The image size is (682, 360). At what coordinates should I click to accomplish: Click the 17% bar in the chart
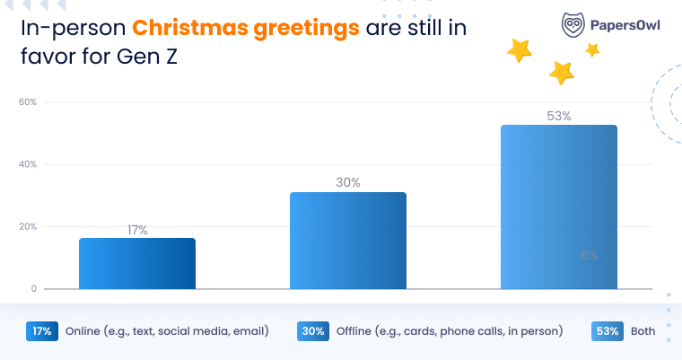137,263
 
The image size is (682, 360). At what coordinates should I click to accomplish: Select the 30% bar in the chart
348,240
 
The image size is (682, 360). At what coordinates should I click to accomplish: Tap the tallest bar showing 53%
558,206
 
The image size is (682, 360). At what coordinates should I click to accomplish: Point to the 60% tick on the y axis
28,102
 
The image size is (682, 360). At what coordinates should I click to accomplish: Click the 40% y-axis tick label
28,164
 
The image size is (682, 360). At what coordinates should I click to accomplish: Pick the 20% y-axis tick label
28,226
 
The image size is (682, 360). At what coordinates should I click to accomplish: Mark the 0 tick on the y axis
33,289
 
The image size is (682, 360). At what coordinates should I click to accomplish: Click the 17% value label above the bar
137,231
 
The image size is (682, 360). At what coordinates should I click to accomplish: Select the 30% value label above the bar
348,182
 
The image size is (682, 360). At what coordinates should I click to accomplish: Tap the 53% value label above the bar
558,116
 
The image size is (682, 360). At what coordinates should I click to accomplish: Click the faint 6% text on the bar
589,255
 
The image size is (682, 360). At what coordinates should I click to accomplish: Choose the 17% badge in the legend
42,330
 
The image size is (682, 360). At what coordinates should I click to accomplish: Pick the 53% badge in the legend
607,330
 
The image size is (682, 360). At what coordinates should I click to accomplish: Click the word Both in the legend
643,331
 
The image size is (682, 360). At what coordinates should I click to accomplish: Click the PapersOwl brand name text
625,25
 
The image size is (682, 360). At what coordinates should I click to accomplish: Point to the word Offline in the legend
355,331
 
